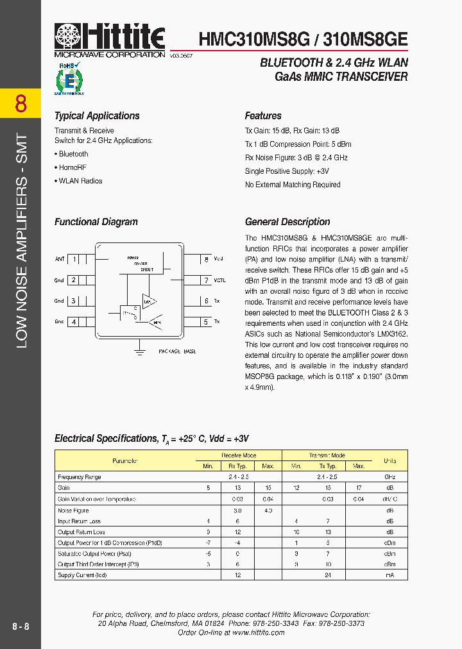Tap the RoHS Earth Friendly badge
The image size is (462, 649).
[x=69, y=79]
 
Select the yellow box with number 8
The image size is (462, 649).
[x=21, y=103]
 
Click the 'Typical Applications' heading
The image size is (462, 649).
[x=97, y=116]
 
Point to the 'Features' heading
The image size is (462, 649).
[x=263, y=116]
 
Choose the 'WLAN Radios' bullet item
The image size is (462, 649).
[x=80, y=181]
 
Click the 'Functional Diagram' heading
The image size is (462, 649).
[x=96, y=222]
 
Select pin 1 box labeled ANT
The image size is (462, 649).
[x=74, y=259]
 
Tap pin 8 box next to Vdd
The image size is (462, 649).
[x=205, y=259]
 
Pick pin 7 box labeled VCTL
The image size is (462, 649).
[x=205, y=280]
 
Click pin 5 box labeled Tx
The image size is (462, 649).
[x=205, y=321]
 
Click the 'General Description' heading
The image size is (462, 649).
[x=287, y=222]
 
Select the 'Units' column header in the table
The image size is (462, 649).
[x=389, y=460]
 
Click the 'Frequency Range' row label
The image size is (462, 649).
[x=80, y=477]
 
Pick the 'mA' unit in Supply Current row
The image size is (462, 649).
[x=389, y=575]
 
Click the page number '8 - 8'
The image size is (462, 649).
[x=21, y=626]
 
